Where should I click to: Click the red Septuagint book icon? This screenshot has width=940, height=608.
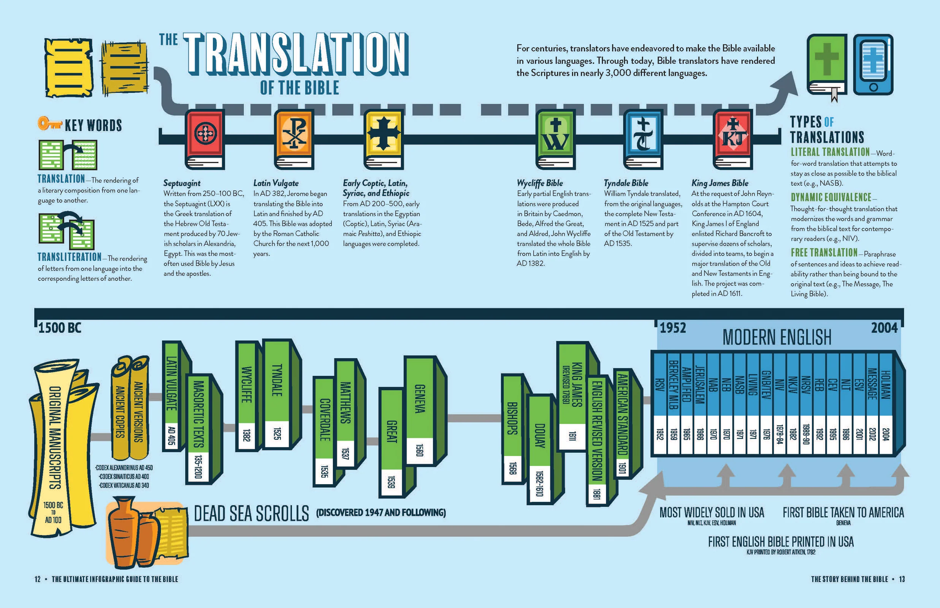pos(205,139)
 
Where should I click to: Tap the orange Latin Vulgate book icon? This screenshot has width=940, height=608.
pos(295,139)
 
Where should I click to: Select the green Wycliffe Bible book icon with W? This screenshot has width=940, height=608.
pos(555,139)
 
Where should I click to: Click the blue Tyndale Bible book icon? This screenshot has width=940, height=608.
pos(644,139)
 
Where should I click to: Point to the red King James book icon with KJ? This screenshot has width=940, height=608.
pos(733,139)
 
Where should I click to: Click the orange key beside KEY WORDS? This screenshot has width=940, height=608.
pos(49,123)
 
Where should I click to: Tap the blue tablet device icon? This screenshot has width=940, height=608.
pos(873,64)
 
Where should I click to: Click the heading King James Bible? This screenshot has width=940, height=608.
pos(720,183)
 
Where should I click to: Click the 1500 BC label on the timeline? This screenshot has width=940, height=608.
pos(60,328)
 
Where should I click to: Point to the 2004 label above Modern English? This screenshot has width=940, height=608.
pos(885,328)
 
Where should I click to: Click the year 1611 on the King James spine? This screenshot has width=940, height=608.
pos(572,436)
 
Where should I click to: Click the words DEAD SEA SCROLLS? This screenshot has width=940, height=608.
pos(252,514)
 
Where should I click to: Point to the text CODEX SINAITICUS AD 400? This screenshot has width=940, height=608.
pos(124,477)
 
